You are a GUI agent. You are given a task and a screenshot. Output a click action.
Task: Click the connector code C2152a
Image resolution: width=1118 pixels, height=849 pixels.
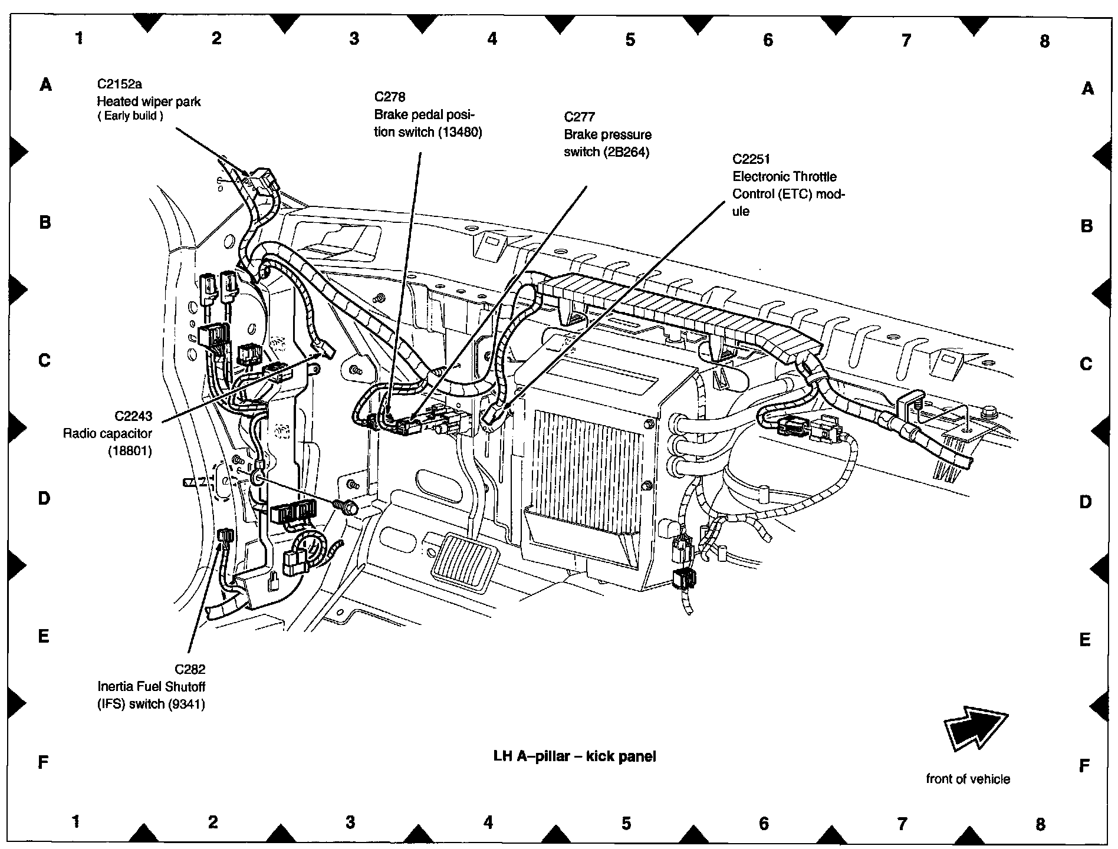pyautogui.click(x=120, y=84)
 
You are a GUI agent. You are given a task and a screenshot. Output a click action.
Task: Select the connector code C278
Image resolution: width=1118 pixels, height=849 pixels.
pyautogui.click(x=390, y=97)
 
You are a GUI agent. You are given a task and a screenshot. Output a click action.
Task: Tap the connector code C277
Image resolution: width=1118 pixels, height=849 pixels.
pyautogui.click(x=580, y=117)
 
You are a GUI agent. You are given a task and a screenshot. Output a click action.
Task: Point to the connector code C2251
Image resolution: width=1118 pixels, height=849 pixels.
pyautogui.click(x=751, y=159)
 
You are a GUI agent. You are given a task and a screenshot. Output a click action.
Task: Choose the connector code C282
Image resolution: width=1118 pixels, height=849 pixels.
pyautogui.click(x=190, y=669)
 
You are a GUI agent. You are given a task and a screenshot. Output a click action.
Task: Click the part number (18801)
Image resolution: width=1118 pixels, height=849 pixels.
pyautogui.click(x=130, y=452)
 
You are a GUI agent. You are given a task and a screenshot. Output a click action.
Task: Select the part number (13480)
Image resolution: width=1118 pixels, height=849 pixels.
pyautogui.click(x=460, y=132)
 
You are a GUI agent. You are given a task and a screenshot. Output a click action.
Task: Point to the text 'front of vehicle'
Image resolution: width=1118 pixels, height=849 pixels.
pyautogui.click(x=968, y=779)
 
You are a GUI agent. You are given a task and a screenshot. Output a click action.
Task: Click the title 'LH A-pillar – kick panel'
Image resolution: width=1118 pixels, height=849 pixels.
pyautogui.click(x=574, y=756)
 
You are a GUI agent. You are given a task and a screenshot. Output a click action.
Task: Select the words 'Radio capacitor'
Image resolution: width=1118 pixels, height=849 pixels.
pyautogui.click(x=107, y=434)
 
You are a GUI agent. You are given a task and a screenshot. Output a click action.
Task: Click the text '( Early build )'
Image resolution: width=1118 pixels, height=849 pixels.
pyautogui.click(x=130, y=116)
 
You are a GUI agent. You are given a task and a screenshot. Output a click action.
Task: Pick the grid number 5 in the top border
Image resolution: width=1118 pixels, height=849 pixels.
pyautogui.click(x=630, y=40)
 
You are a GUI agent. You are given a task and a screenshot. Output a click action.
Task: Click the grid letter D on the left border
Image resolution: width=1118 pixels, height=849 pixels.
pyautogui.click(x=44, y=499)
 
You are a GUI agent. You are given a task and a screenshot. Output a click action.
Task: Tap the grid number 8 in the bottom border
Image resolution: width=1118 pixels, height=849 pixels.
pyautogui.click(x=1040, y=824)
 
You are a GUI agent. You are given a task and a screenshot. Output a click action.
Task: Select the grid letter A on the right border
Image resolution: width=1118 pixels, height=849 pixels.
pyautogui.click(x=1087, y=88)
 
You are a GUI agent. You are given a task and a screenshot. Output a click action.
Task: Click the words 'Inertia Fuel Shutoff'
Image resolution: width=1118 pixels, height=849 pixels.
pyautogui.click(x=151, y=687)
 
